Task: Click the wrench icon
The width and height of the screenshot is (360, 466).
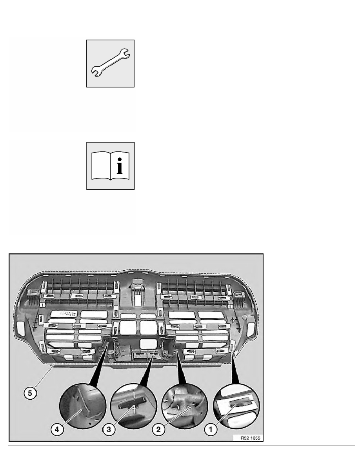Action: coord(111,63)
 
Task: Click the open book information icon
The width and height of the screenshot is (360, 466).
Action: coord(111,166)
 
